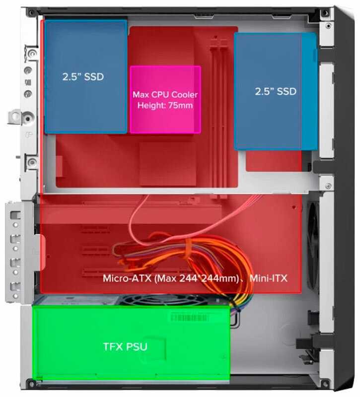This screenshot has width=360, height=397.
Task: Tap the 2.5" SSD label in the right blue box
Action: [x=275, y=91]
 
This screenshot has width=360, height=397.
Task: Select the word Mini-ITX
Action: [x=269, y=277]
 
